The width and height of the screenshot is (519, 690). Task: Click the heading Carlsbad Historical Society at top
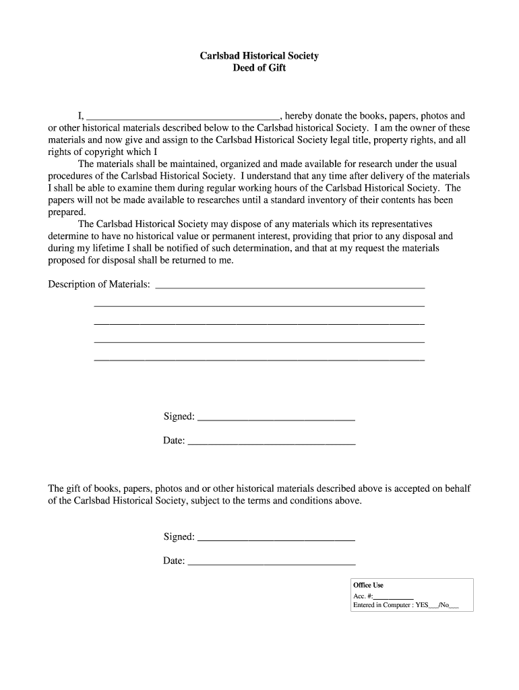(259, 56)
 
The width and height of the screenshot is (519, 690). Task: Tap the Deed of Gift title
(259, 68)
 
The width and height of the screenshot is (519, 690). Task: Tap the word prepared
(67, 212)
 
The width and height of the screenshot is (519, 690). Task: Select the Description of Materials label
(99, 284)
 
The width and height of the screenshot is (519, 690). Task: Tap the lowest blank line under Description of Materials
(259, 359)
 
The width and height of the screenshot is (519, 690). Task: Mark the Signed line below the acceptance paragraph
(276, 539)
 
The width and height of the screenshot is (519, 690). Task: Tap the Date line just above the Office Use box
(271, 563)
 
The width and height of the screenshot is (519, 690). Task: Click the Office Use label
(368, 586)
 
